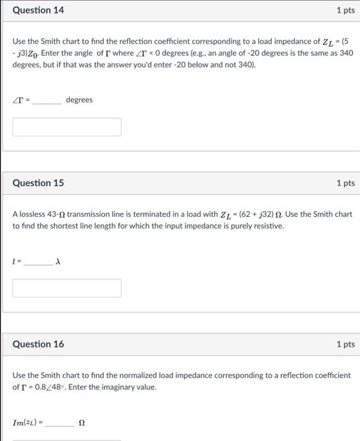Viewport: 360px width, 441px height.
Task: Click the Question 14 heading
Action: tap(38, 11)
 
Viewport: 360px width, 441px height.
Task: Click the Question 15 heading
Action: tap(38, 183)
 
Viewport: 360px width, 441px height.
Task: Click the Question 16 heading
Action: tap(38, 344)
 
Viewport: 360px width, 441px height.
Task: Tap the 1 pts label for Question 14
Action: tap(345, 11)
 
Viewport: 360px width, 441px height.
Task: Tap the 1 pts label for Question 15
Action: tap(345, 183)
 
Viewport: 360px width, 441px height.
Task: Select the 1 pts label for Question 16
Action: tap(345, 344)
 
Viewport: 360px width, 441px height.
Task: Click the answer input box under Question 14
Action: tap(67, 127)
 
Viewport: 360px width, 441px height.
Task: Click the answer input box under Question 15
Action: tap(67, 288)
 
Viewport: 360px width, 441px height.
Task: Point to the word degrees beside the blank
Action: tap(79, 100)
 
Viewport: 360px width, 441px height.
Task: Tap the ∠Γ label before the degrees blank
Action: tap(18, 100)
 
